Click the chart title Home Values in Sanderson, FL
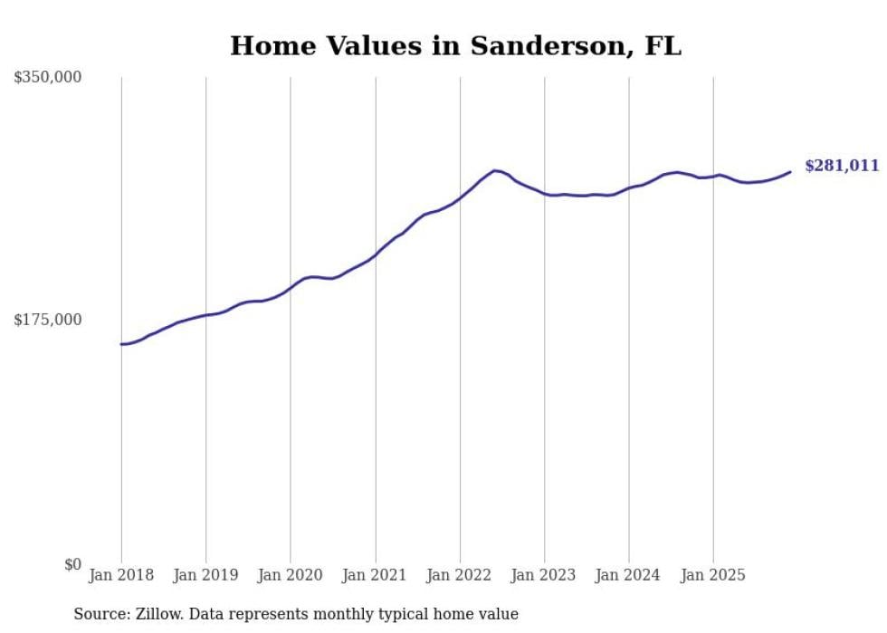[x=455, y=45]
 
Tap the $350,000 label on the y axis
[x=48, y=78]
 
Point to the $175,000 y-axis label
[x=48, y=320]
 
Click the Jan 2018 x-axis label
[x=121, y=575]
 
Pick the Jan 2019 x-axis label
[x=205, y=575]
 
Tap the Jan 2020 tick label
[x=291, y=575]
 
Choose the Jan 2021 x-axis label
[x=375, y=575]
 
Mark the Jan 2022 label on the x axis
[x=460, y=575]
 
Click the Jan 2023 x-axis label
[x=544, y=575]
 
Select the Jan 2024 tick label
[x=629, y=575]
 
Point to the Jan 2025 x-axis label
[x=713, y=575]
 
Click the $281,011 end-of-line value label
[x=842, y=166]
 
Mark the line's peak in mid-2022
[x=494, y=170]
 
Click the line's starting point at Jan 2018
[x=121, y=344]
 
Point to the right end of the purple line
[x=790, y=172]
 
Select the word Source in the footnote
[x=100, y=614]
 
